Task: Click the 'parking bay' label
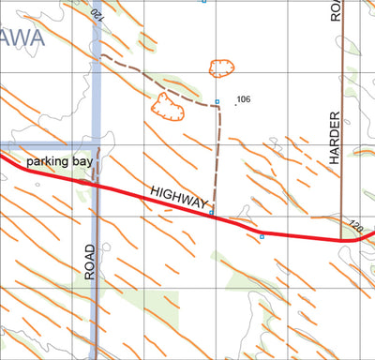point(60,162)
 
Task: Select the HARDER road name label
point(335,137)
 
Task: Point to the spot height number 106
point(245,99)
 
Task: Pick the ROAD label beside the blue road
point(90,262)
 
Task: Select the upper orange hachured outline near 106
point(221,68)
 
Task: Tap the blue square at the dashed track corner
point(217,101)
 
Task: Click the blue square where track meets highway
point(212,214)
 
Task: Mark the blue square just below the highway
point(262,236)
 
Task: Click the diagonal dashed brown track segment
point(155,80)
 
